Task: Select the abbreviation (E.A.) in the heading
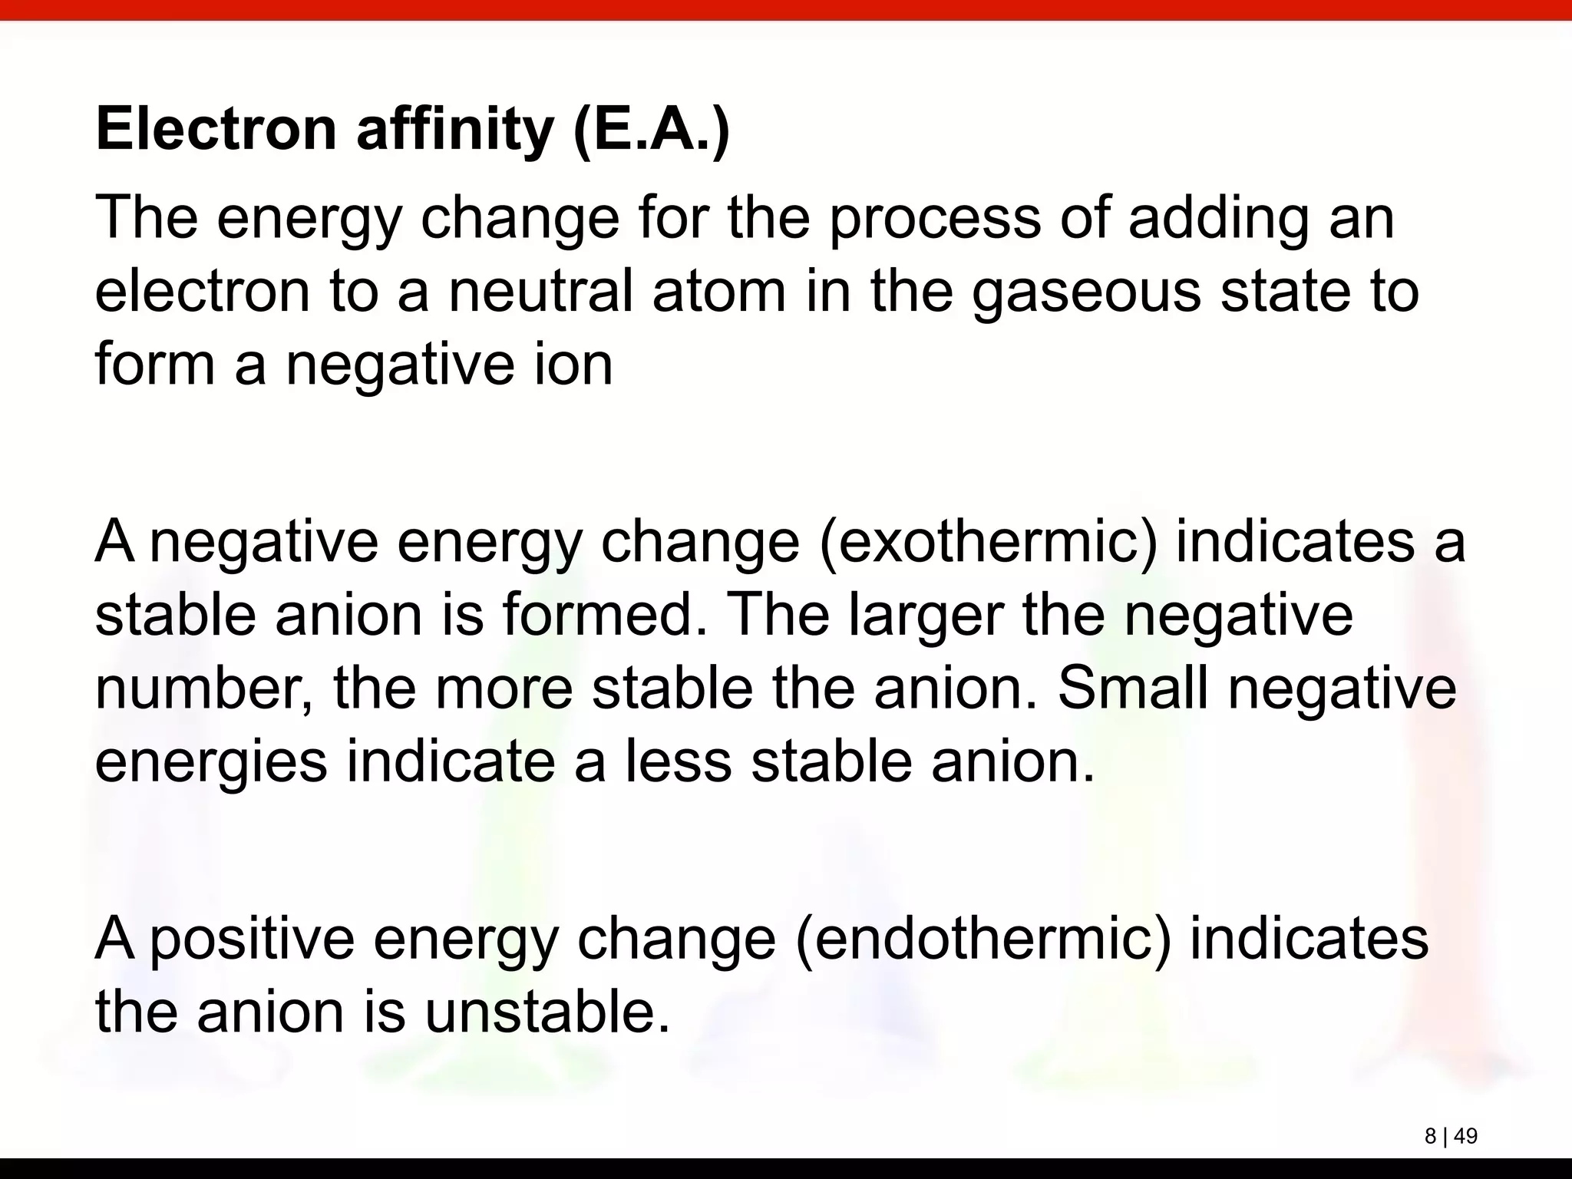(x=652, y=130)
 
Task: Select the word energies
(x=211, y=763)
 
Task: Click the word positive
(x=252, y=940)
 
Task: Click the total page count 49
(x=1465, y=1136)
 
